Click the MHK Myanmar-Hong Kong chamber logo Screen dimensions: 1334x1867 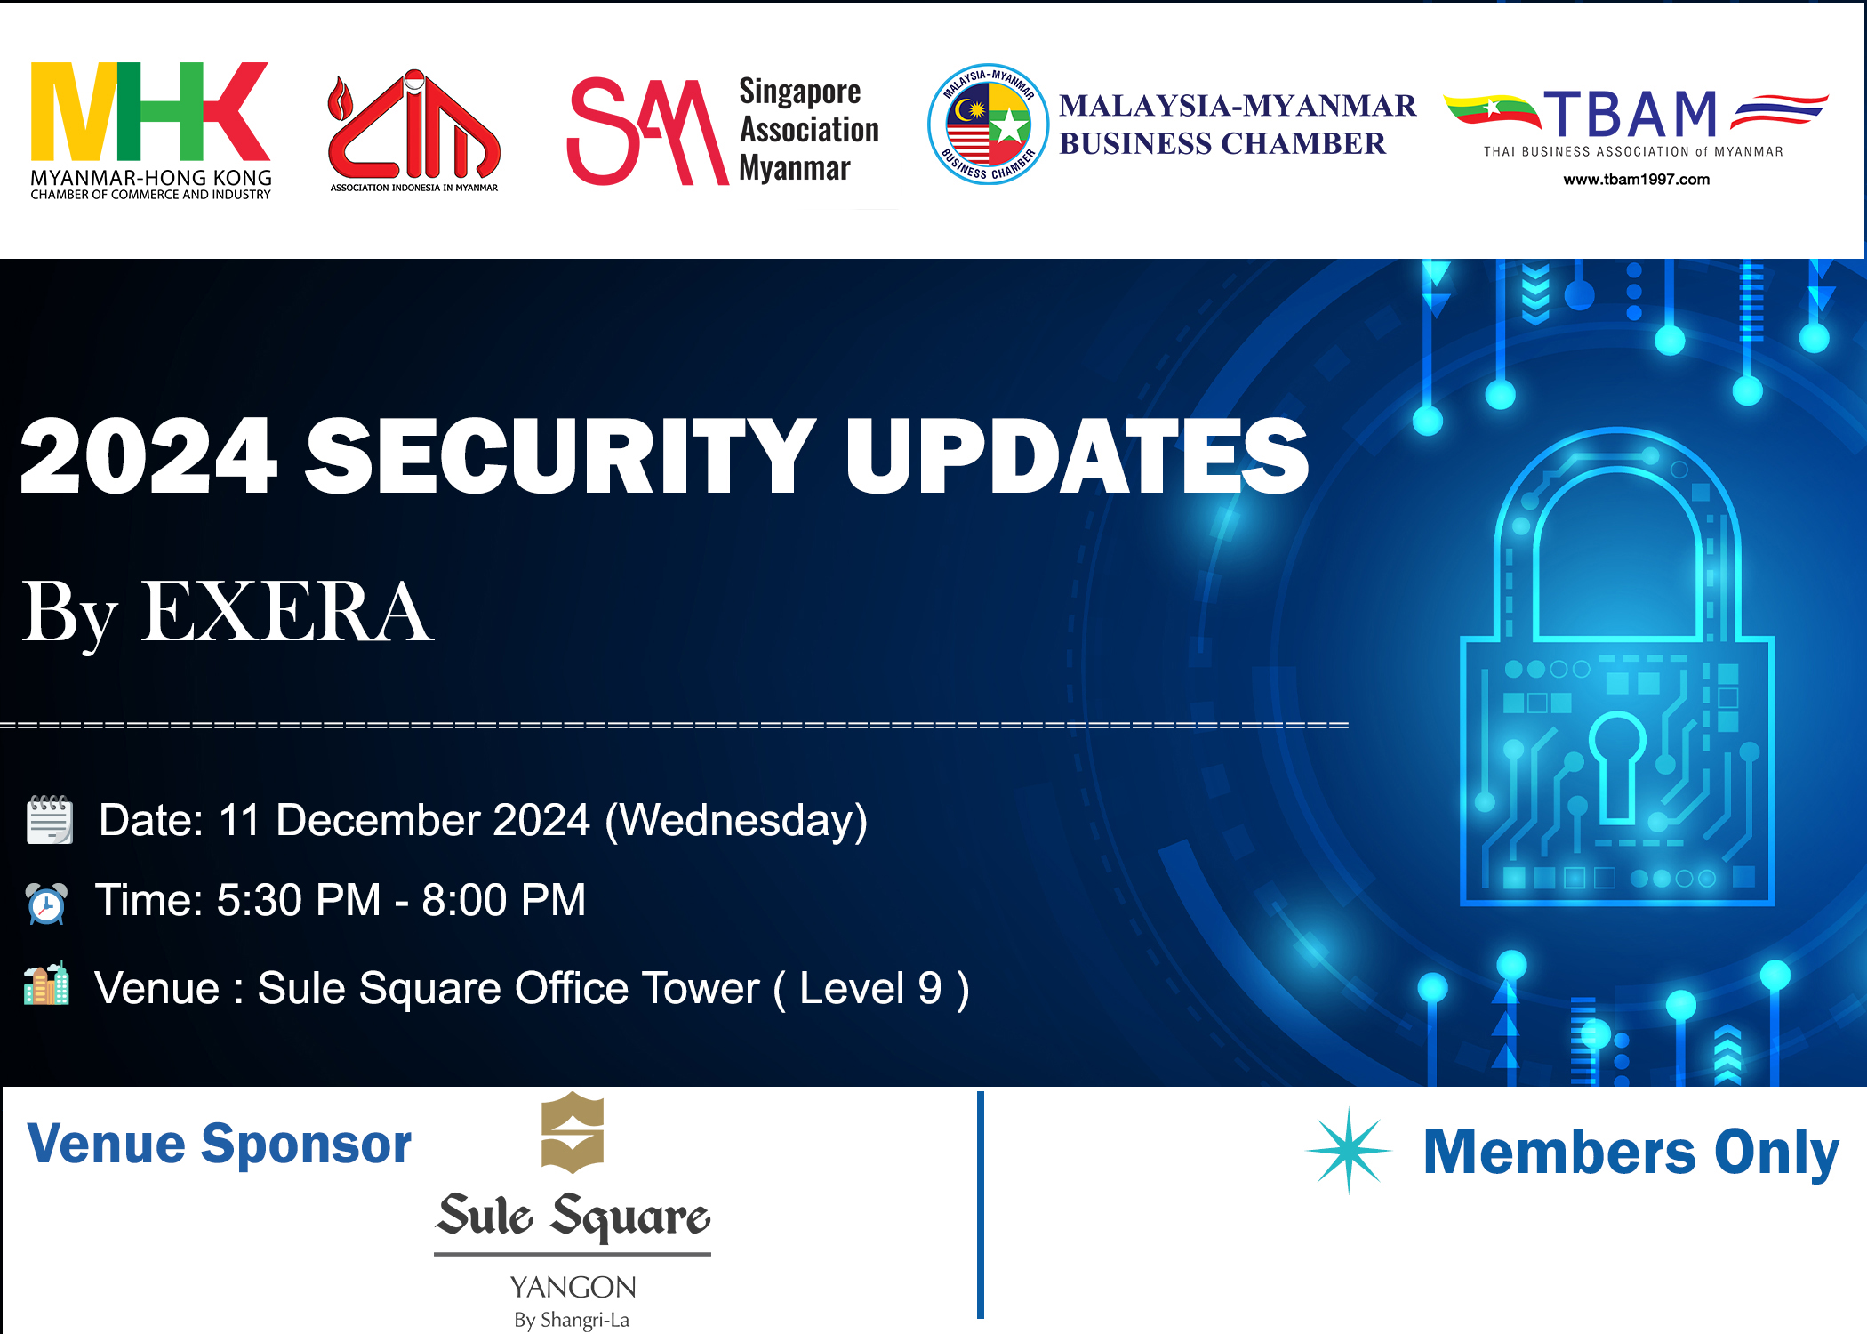pyautogui.click(x=150, y=129)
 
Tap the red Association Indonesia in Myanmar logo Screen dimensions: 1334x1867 pyautogui.click(x=413, y=129)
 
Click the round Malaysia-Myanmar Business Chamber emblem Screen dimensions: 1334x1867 pyautogui.click(x=988, y=125)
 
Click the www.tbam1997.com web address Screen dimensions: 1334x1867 pyautogui.click(x=1636, y=180)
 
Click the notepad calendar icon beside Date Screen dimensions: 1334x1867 pyautogui.click(x=49, y=819)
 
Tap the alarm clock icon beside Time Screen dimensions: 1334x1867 pyautogui.click(x=46, y=904)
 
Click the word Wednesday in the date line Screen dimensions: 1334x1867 pyautogui.click(x=736, y=820)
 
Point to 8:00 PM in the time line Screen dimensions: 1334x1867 pyautogui.click(x=503, y=900)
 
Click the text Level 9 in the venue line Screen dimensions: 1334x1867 pyautogui.click(x=870, y=988)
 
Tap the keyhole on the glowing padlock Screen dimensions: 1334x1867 pyautogui.click(x=1617, y=765)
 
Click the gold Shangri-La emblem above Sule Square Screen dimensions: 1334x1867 pyautogui.click(x=573, y=1132)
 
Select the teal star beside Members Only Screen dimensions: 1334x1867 pyautogui.click(x=1349, y=1150)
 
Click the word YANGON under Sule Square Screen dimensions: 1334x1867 pyautogui.click(x=573, y=1287)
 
